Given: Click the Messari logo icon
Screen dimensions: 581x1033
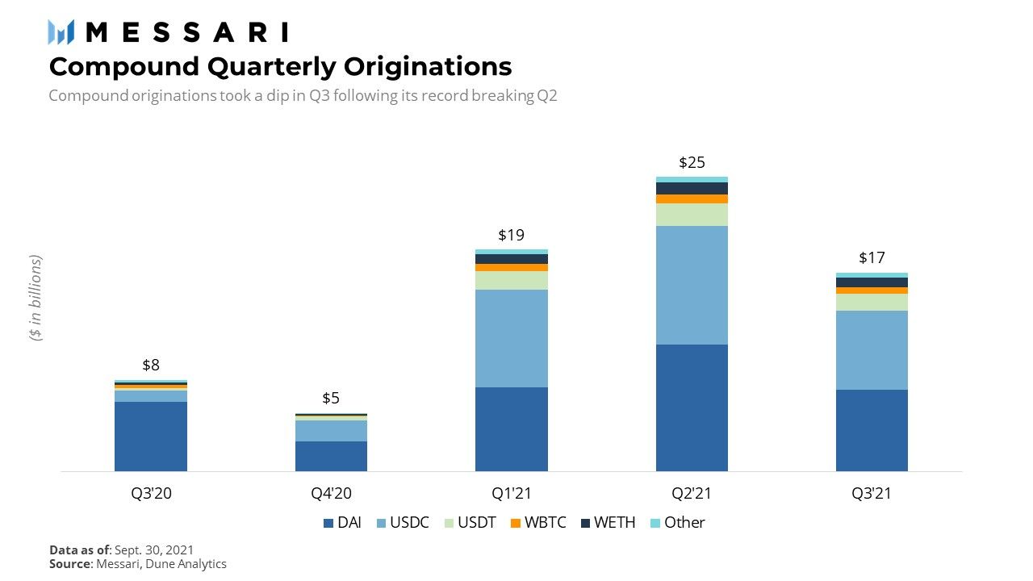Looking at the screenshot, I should point(61,32).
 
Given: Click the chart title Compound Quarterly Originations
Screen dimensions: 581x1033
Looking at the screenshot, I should point(280,65).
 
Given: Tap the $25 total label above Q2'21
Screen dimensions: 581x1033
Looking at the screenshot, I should point(692,162).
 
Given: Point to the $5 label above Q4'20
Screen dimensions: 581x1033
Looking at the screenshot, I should point(331,398).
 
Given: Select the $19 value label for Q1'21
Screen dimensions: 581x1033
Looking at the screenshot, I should point(511,235).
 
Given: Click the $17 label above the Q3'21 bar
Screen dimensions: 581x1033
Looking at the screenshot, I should point(872,258).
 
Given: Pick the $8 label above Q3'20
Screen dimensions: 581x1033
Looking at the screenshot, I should point(151,366).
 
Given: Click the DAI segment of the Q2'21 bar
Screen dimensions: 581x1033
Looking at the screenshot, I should point(692,408).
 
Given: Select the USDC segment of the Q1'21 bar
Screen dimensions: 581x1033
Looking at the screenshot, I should point(511,338).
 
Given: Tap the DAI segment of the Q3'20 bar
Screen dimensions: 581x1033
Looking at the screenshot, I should point(151,436).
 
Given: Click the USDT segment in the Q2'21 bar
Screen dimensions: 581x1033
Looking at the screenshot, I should point(692,215).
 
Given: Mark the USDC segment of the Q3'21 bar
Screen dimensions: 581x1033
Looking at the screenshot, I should point(872,350).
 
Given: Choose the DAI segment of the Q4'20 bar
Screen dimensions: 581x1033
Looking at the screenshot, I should point(331,456).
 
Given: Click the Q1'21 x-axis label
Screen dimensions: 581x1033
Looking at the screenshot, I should point(511,493).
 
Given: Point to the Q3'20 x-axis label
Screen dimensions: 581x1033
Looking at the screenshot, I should point(151,493).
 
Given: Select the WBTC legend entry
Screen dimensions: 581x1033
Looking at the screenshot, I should point(538,523).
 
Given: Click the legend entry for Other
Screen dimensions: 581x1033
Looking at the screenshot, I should point(677,523).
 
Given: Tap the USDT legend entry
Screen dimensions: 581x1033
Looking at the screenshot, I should point(470,523).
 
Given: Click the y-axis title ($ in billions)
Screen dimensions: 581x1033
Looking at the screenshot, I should point(36,299).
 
